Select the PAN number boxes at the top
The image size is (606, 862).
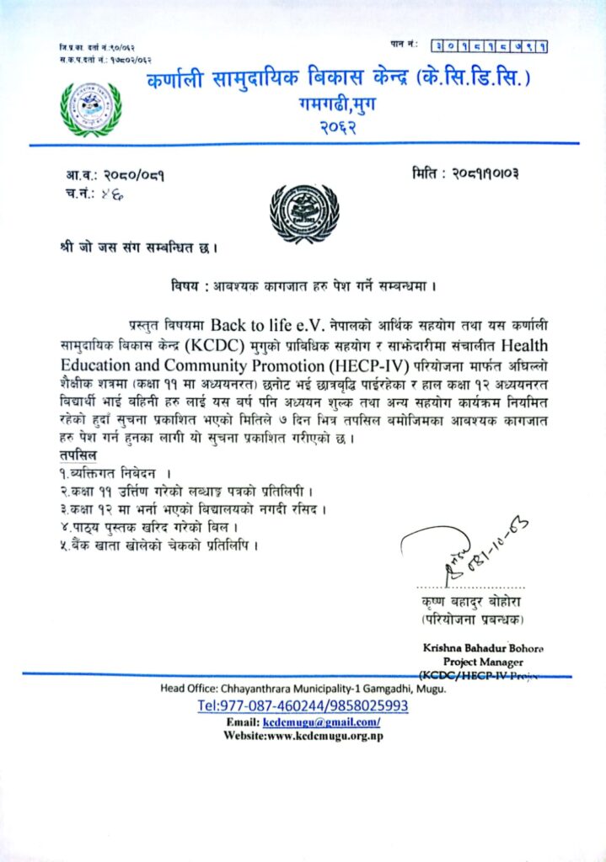(489, 45)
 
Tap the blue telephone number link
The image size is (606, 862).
(303, 706)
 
